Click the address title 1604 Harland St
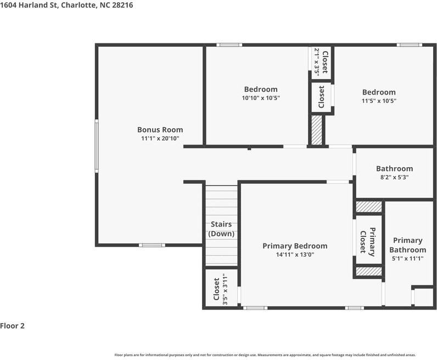[x=66, y=5]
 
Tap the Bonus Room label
[x=160, y=130]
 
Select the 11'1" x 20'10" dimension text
[x=160, y=139]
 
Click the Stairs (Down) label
[x=221, y=229]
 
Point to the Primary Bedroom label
[x=294, y=246]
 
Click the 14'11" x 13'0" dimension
[x=294, y=254]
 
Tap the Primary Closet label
[x=367, y=241]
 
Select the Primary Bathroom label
[x=407, y=245]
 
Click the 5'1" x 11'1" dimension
[x=407, y=259]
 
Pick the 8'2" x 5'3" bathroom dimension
[x=394, y=178]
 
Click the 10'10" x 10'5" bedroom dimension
[x=261, y=98]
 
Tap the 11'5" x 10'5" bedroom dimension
[x=378, y=101]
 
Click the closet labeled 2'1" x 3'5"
[x=321, y=62]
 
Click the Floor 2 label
[x=13, y=325]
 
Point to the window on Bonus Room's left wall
[x=97, y=146]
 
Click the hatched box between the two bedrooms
[x=316, y=130]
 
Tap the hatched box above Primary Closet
[x=368, y=207]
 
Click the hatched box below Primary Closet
[x=368, y=272]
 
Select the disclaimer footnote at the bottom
[x=265, y=355]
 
